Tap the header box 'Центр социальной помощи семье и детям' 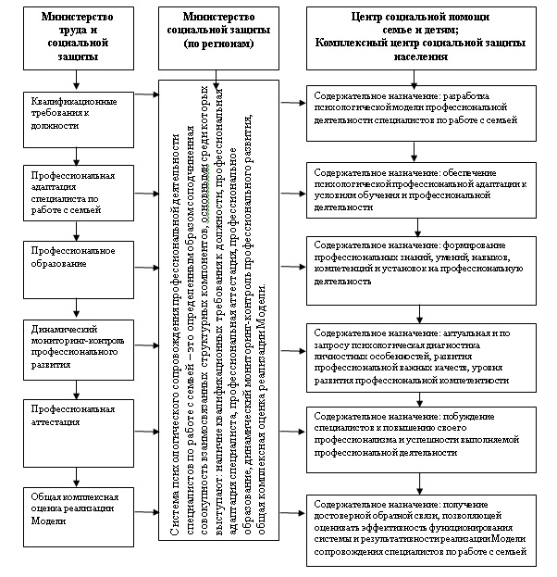click(x=421, y=36)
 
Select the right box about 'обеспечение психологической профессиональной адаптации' click(x=421, y=190)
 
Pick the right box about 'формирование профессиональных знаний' click(x=421, y=263)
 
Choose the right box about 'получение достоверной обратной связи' click(x=421, y=530)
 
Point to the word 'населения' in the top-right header click(x=422, y=56)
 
